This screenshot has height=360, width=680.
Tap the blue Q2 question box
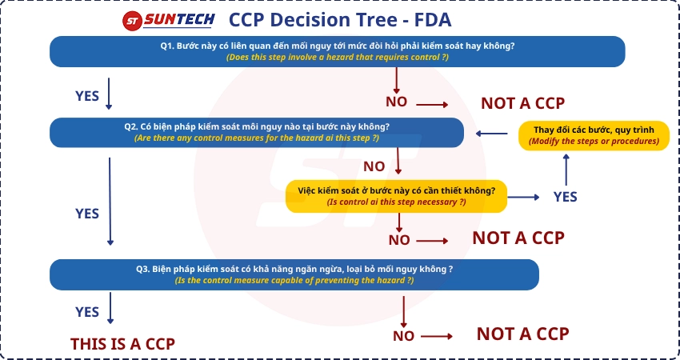tap(257, 132)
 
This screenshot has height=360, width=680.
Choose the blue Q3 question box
tap(294, 274)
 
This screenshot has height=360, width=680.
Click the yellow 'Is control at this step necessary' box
tap(396, 196)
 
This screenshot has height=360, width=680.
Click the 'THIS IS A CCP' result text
tap(122, 343)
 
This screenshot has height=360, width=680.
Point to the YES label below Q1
tap(87, 96)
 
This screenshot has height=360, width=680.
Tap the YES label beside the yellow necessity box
tap(565, 197)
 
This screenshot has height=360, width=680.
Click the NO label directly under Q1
tap(396, 102)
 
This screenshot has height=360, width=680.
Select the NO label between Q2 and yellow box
tap(374, 166)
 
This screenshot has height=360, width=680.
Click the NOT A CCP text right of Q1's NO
tap(522, 103)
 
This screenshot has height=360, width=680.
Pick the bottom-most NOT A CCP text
tap(522, 334)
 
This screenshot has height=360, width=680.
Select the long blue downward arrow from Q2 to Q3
tap(110, 200)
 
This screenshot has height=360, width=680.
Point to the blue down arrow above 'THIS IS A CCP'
tap(110, 308)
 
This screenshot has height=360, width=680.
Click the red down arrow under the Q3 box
tap(404, 310)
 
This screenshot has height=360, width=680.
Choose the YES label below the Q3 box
tap(87, 312)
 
